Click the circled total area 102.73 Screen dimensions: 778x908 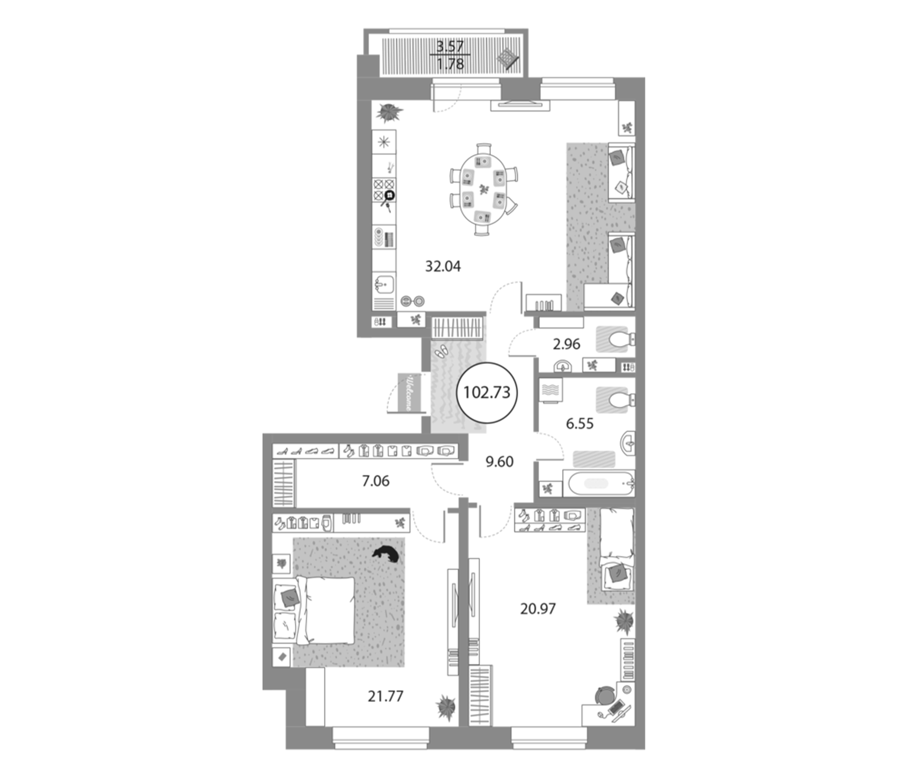[x=487, y=392]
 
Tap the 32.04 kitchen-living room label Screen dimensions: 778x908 [x=443, y=266]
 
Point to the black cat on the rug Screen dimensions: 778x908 [x=386, y=554]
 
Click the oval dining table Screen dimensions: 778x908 [x=483, y=190]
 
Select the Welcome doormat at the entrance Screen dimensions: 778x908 [x=406, y=392]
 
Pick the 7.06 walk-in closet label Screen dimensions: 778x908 [x=376, y=481]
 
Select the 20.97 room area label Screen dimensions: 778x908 [x=538, y=609]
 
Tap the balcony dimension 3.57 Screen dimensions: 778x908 [x=450, y=45]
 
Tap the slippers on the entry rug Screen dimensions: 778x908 [x=441, y=351]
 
